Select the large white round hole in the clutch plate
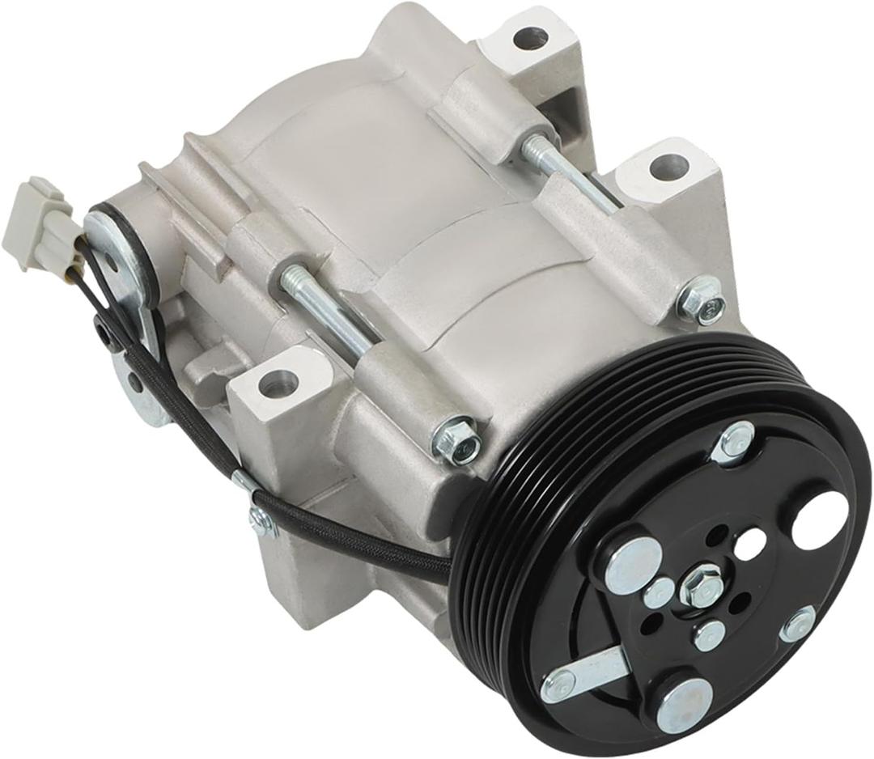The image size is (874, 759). coord(819,519)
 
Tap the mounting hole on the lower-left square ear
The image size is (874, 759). coord(278,383)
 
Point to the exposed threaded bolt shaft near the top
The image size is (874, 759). coord(570,176)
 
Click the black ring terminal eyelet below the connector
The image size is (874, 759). coord(105,330)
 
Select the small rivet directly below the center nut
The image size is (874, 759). coord(709,635)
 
